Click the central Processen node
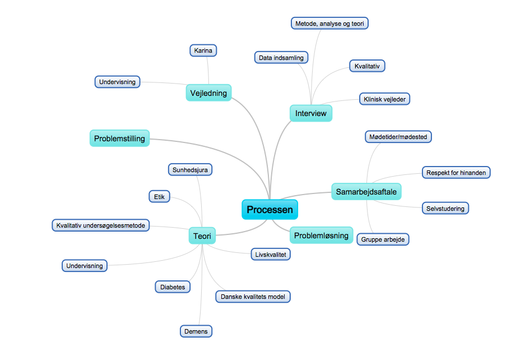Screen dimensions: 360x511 coord(270,210)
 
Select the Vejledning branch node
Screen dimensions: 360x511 coord(208,93)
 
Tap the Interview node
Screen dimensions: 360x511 coord(311,113)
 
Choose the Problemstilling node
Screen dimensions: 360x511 coord(119,138)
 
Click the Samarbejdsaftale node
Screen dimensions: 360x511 coord(366,192)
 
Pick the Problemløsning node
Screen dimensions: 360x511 coord(322,236)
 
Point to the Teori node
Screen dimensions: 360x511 coord(202,236)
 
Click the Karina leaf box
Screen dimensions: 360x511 coord(203,50)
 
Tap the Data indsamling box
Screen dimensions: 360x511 coord(281,57)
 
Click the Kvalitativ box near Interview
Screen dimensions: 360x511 coord(367,66)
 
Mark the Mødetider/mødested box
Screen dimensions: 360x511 coord(398,136)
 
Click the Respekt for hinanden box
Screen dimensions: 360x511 coord(456,172)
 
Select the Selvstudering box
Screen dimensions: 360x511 coord(445,208)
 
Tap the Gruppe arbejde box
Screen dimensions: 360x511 coord(383,239)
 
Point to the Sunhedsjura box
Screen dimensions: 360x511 coord(190,169)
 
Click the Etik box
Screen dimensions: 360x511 coord(159,196)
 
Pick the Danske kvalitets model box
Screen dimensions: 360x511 coord(253,297)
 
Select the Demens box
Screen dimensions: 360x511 coord(196,331)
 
